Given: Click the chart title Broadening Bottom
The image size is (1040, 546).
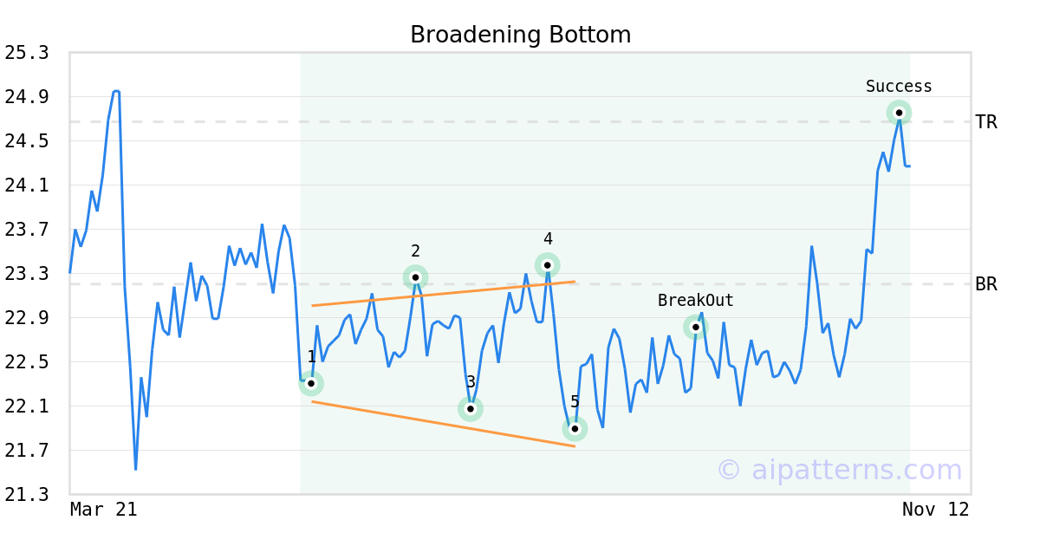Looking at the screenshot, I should tap(520, 35).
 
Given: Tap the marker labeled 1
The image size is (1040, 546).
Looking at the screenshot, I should tap(311, 383).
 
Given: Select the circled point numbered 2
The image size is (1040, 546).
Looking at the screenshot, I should tap(415, 277).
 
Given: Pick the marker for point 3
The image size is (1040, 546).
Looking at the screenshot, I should tap(471, 409).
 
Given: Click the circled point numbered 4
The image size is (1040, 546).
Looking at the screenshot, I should tap(547, 265).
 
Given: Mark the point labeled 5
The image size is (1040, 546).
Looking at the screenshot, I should tap(575, 429).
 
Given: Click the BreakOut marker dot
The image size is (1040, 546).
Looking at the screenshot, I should tap(696, 327).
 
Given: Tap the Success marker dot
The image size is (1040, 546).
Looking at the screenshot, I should tap(899, 113).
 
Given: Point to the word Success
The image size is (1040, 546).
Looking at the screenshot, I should tap(899, 87).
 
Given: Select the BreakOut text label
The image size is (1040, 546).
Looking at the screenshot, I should tap(695, 301).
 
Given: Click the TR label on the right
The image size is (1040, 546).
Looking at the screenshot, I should tap(986, 122).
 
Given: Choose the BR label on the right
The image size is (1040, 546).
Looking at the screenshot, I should tap(986, 284).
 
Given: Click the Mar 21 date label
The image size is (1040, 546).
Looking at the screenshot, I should tap(103, 510).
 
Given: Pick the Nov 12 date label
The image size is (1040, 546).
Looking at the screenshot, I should tap(935, 510).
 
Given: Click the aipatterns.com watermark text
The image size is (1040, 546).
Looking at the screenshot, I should tap(839, 470).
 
